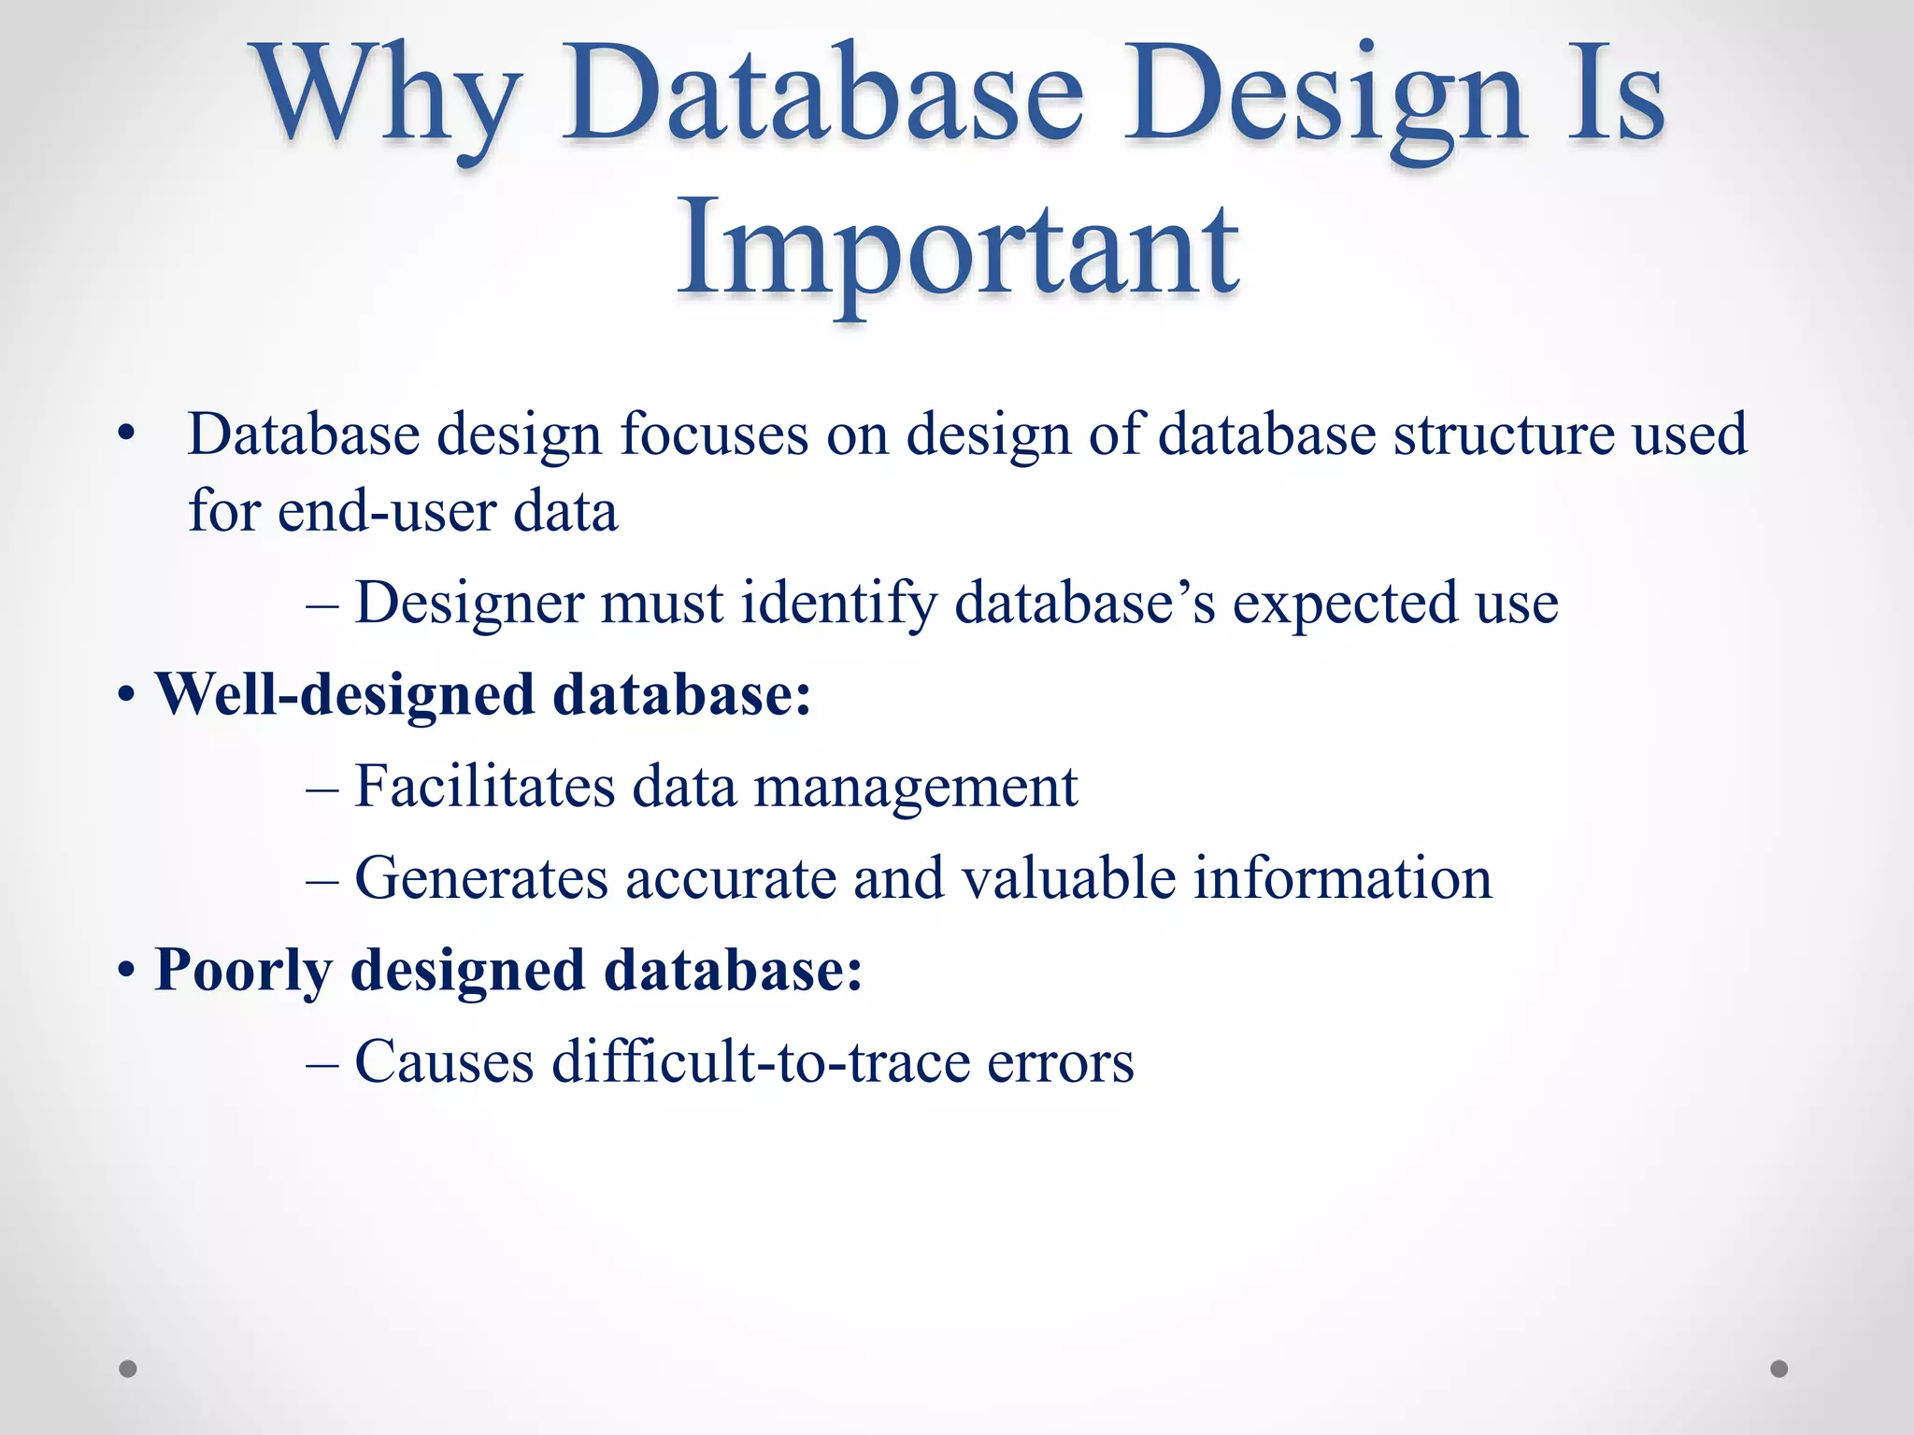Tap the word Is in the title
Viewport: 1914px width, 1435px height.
coord(1615,98)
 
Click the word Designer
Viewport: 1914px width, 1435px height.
coord(469,603)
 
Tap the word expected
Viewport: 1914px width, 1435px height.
coord(1345,603)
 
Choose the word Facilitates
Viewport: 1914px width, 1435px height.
coord(484,787)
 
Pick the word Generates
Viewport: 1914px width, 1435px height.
coord(481,878)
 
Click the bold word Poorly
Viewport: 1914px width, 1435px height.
coord(243,970)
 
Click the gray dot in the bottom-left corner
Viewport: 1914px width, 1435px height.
coord(128,1369)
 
